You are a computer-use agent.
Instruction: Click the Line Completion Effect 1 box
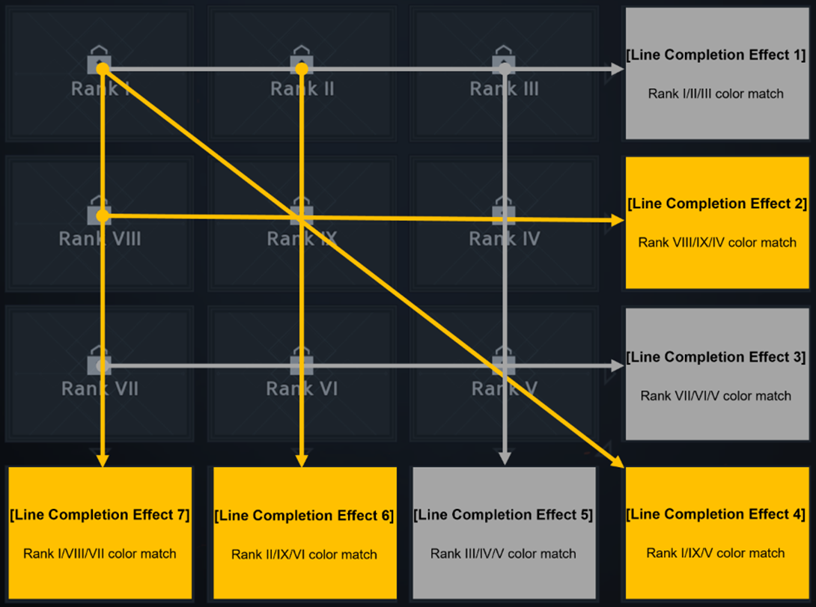[x=716, y=73]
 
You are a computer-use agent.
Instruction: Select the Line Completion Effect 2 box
[x=716, y=222]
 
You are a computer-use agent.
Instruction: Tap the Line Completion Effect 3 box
[x=716, y=374]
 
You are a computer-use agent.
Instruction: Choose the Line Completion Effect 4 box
[x=716, y=532]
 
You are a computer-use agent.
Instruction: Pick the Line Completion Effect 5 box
[x=504, y=533]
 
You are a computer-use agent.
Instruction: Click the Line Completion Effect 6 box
[x=304, y=533]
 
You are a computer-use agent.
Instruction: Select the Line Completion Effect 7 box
[x=100, y=533]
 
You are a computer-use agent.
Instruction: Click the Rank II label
[x=302, y=89]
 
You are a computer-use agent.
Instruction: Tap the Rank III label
[x=505, y=89]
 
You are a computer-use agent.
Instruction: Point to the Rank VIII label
[x=100, y=240]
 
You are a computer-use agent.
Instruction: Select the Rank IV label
[x=505, y=240]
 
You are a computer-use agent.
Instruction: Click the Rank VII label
[x=100, y=389]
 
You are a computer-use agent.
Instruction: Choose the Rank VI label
[x=302, y=389]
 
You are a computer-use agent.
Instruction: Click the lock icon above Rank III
[x=505, y=60]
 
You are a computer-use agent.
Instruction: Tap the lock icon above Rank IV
[x=504, y=210]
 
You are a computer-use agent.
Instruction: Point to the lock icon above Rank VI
[x=302, y=362]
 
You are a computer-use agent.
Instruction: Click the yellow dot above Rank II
[x=302, y=69]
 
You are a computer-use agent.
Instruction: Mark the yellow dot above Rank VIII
[x=103, y=216]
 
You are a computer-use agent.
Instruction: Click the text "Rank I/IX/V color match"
[x=716, y=553]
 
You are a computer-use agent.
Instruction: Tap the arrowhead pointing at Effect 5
[x=505, y=458]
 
